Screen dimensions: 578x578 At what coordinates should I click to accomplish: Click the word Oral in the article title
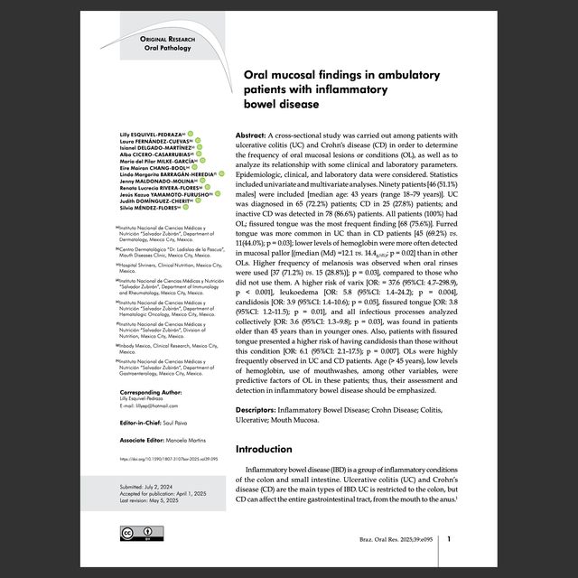(260, 76)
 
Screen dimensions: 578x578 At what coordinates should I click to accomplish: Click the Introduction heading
(269, 449)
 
